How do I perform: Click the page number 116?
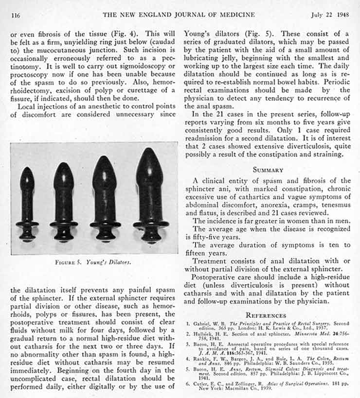click(15, 16)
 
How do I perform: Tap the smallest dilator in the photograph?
click(27, 204)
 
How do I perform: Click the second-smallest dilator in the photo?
click(64, 201)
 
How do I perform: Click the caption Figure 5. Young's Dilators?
click(94, 263)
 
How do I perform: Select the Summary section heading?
click(268, 170)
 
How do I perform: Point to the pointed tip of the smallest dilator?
click(27, 170)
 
